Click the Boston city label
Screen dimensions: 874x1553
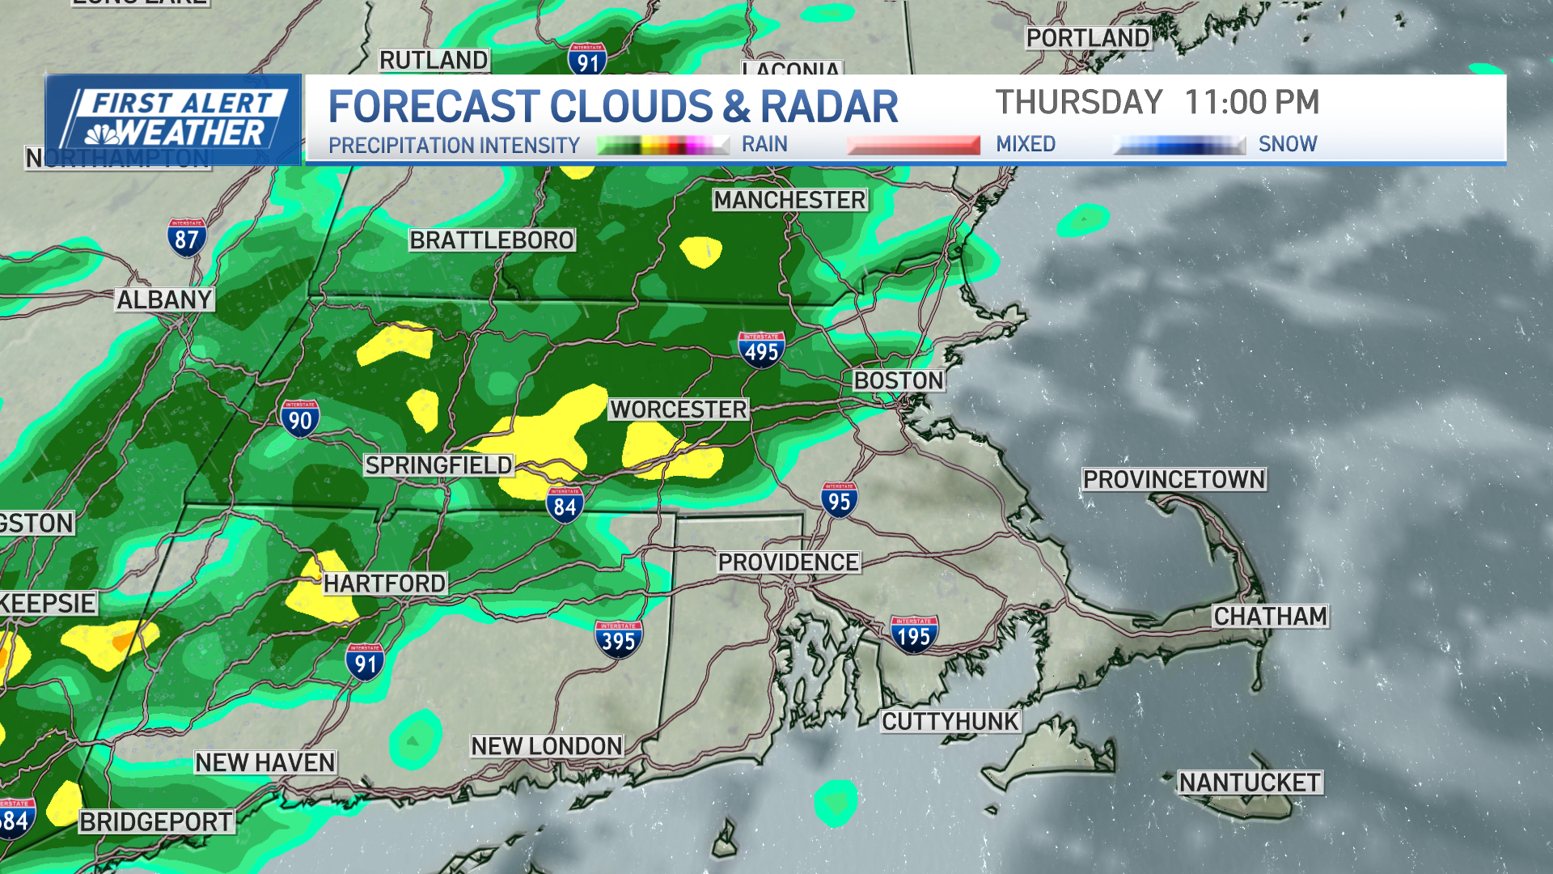pyautogui.click(x=899, y=380)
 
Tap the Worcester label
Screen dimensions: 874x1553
pyautogui.click(x=679, y=409)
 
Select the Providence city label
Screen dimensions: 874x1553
pyautogui.click(x=789, y=562)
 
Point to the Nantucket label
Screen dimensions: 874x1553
pyautogui.click(x=1250, y=783)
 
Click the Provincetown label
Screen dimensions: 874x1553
pyautogui.click(x=1174, y=480)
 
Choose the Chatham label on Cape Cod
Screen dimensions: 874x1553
pyautogui.click(x=1270, y=617)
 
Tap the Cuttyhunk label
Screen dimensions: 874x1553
pyautogui.click(x=950, y=721)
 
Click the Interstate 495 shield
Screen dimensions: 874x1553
pyautogui.click(x=761, y=350)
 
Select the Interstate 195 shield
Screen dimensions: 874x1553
pyautogui.click(x=914, y=635)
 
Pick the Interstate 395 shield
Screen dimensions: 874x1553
pyautogui.click(x=619, y=639)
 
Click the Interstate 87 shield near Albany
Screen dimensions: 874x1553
pyautogui.click(x=187, y=238)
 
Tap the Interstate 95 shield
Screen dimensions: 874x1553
pyautogui.click(x=840, y=501)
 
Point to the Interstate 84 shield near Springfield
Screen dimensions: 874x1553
pyautogui.click(x=565, y=506)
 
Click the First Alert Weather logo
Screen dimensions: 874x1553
pyautogui.click(x=174, y=119)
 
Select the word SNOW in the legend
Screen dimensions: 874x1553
pyautogui.click(x=1288, y=144)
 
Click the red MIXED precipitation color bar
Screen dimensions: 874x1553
pyautogui.click(x=913, y=146)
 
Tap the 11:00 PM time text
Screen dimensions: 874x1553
pyautogui.click(x=1251, y=103)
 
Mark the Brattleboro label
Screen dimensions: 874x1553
pyautogui.click(x=492, y=240)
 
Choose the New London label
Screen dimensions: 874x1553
pyautogui.click(x=547, y=746)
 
